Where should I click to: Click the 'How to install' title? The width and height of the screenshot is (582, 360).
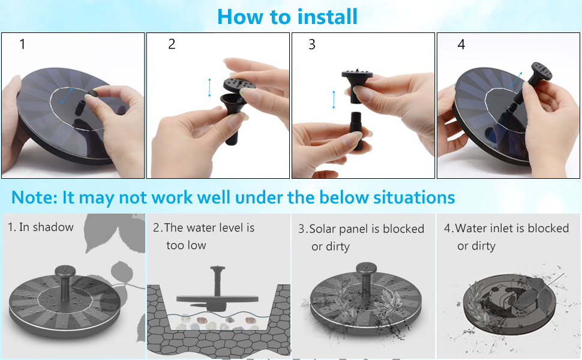coord(287,17)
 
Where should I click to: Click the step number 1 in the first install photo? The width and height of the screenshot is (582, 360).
coord(22,44)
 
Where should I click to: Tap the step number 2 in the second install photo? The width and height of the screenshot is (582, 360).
coord(172,44)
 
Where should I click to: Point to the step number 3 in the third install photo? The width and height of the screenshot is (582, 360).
coord(312,44)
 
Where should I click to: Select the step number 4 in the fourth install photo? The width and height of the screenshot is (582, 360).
coord(461,44)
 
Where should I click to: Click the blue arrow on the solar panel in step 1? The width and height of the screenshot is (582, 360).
coord(67,95)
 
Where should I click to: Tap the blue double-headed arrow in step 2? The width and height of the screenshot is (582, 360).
coord(209,88)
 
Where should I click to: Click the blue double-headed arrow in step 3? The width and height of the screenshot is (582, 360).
coord(334,100)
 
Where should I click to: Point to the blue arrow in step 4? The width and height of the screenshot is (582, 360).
coord(517,79)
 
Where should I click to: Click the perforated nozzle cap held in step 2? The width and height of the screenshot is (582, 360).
coord(239,84)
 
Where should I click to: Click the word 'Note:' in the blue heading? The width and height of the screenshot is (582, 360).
coord(34,197)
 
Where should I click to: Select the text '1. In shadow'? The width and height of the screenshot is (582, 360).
coord(40,227)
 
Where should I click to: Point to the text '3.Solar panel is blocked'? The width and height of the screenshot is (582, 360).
coord(361,229)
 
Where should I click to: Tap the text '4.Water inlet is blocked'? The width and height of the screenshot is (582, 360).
coord(506,228)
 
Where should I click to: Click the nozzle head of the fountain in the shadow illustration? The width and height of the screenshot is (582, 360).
coord(65,271)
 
